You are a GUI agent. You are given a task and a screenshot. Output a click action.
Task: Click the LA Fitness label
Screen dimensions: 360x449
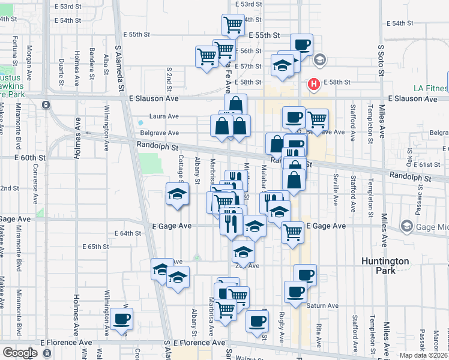(x=430, y=89)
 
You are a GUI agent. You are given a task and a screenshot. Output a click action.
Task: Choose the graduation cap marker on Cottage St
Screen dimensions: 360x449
(x=178, y=194)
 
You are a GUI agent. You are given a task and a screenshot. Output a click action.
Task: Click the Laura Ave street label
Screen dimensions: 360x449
(x=164, y=116)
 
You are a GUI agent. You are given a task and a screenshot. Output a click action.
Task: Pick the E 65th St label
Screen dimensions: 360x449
(x=95, y=247)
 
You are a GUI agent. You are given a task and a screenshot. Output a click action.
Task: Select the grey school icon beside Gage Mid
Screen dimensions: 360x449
(x=407, y=226)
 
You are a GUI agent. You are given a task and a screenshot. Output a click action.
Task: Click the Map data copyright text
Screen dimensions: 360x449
(x=424, y=355)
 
